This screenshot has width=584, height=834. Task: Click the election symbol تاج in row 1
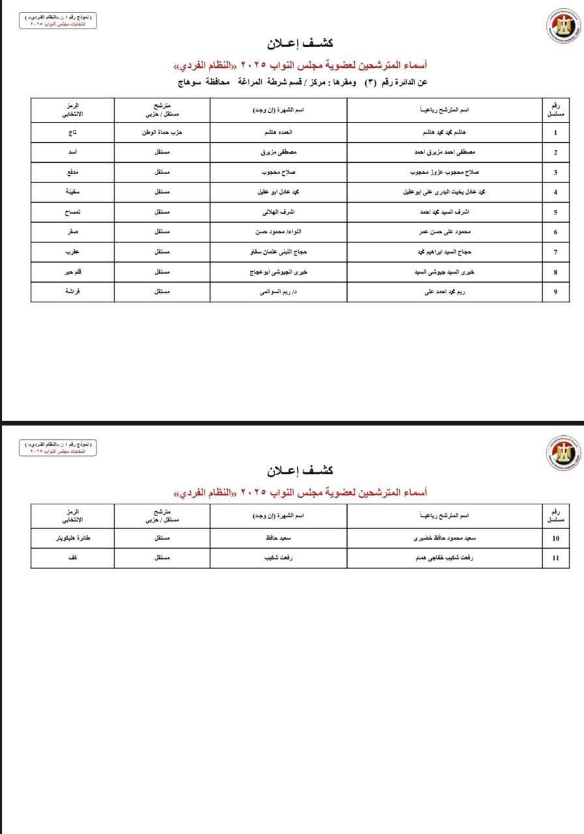click(73, 132)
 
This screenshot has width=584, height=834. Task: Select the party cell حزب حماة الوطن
click(162, 132)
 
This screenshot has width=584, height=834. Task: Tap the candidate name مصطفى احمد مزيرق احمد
click(445, 152)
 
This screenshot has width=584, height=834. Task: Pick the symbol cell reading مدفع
click(73, 173)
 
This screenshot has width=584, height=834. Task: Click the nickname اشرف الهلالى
click(278, 212)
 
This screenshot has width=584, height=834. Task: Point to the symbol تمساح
click(73, 212)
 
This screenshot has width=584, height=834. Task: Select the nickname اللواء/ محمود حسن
click(278, 232)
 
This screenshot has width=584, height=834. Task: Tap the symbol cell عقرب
click(73, 252)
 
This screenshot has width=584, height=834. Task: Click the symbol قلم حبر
click(73, 272)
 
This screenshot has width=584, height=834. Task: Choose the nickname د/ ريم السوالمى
click(278, 292)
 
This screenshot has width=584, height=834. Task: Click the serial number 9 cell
click(555, 292)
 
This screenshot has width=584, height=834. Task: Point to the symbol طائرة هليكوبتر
click(73, 539)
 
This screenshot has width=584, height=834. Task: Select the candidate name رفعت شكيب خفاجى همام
click(445, 558)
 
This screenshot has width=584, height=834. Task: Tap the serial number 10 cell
click(555, 539)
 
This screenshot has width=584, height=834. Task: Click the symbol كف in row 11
click(73, 558)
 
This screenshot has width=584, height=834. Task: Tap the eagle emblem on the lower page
click(563, 453)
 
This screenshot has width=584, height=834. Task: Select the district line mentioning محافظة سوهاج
click(303, 82)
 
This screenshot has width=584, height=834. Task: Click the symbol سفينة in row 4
click(73, 192)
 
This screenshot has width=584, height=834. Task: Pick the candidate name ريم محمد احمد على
click(445, 292)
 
